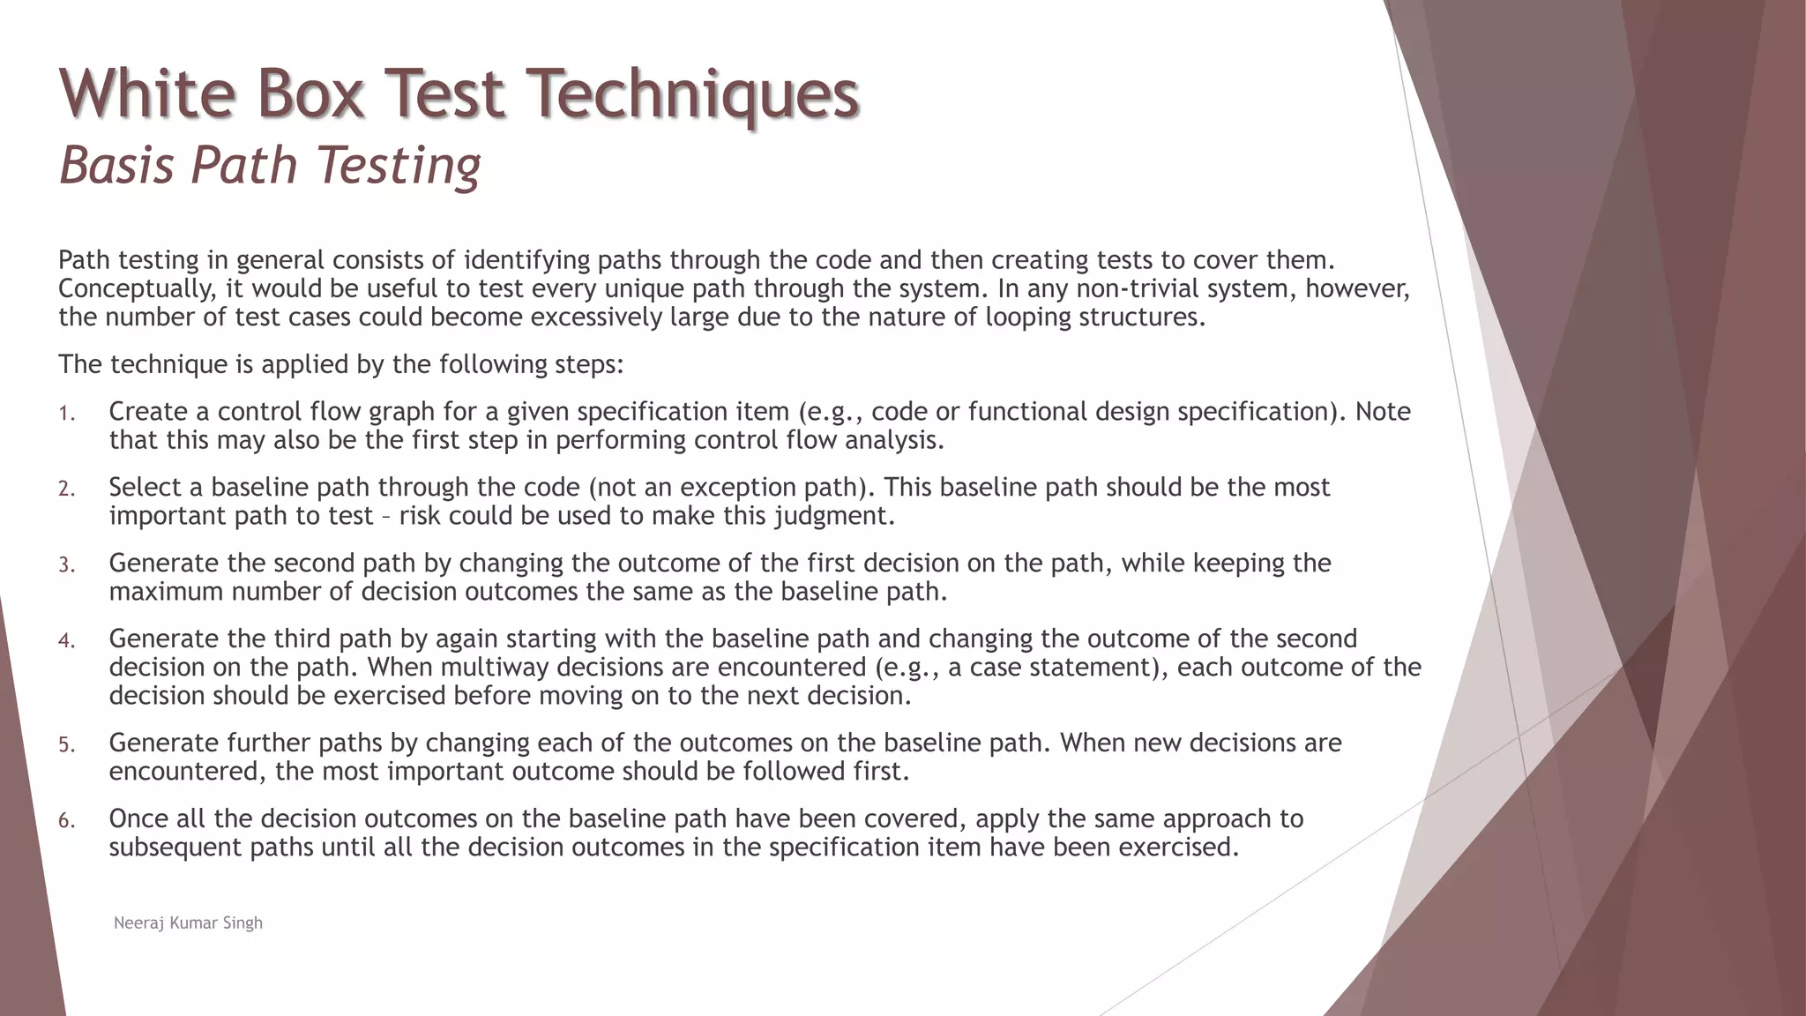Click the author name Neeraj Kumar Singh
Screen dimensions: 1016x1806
coord(188,923)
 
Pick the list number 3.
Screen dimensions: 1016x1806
coord(67,564)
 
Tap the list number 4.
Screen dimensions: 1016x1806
coord(67,640)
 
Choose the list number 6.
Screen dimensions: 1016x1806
coord(67,820)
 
